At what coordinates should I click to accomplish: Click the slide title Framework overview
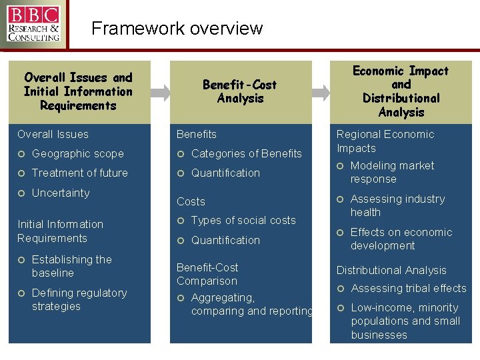pyautogui.click(x=177, y=29)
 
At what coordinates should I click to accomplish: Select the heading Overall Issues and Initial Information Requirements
pyautogui.click(x=78, y=92)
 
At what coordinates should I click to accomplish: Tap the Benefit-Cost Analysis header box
pyautogui.click(x=240, y=92)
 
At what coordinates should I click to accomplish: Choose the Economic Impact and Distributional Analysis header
pyautogui.click(x=401, y=92)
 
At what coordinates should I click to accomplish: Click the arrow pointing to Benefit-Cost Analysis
pyautogui.click(x=161, y=93)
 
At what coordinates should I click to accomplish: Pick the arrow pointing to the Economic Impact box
pyautogui.click(x=321, y=93)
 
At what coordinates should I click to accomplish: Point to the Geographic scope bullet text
pyautogui.click(x=77, y=154)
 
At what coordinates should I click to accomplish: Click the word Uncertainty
pyautogui.click(x=60, y=193)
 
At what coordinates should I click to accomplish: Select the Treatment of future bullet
pyautogui.click(x=79, y=173)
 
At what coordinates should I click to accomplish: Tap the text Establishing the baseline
pyautogui.click(x=71, y=267)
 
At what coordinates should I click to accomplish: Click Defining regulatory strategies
pyautogui.click(x=79, y=300)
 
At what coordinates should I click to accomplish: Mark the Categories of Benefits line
pyautogui.click(x=246, y=154)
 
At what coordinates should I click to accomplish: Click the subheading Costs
pyautogui.click(x=191, y=201)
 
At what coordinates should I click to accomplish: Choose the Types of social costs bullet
pyautogui.click(x=243, y=221)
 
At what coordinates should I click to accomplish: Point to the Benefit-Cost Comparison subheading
pyautogui.click(x=207, y=274)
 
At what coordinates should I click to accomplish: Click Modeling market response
pyautogui.click(x=392, y=173)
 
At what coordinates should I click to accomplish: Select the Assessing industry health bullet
pyautogui.click(x=397, y=206)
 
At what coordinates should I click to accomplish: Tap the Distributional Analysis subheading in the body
pyautogui.click(x=391, y=271)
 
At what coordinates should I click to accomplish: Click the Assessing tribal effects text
pyautogui.click(x=408, y=289)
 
